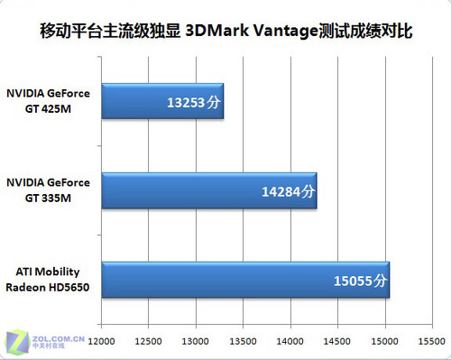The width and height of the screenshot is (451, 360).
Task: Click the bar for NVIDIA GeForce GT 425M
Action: (162, 101)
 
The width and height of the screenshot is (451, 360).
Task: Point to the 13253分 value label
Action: (193, 102)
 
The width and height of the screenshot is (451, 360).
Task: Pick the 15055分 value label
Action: (360, 281)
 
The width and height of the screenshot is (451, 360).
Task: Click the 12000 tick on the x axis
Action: (101, 341)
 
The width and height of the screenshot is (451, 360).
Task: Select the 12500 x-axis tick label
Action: (149, 341)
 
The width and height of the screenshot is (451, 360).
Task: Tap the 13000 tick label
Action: (196, 341)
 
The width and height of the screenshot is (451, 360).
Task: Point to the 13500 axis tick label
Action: (244, 341)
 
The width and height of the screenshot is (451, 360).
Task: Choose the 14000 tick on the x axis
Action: (290, 341)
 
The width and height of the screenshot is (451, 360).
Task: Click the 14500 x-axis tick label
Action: (338, 341)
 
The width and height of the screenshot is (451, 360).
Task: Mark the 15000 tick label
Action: (385, 341)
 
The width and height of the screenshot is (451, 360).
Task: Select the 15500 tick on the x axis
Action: (432, 341)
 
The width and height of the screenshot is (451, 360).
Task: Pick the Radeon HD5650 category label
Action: (51, 288)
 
